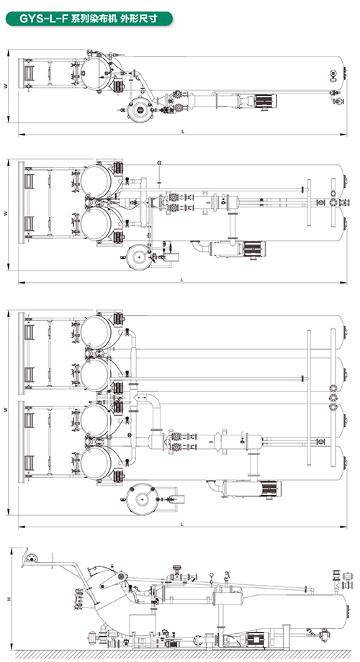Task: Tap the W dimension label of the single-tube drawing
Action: pos(5,86)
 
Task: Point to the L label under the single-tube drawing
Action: pos(183,131)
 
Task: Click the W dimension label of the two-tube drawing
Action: pos(5,214)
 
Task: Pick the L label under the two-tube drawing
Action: pos(182,279)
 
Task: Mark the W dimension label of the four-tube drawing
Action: pos(5,409)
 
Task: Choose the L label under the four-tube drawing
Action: pos(182,524)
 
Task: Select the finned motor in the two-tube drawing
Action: pos(254,249)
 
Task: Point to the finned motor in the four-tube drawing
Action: pos(270,489)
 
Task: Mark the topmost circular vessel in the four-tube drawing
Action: pos(96,332)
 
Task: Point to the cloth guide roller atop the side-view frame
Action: pos(31,556)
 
